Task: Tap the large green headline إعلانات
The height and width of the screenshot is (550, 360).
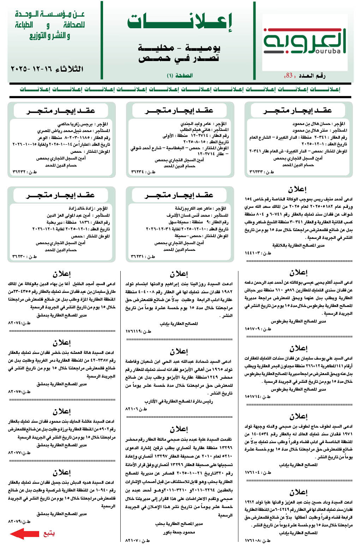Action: [180, 22]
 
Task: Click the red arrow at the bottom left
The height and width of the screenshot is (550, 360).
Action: [24, 534]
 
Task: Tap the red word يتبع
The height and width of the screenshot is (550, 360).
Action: [49, 534]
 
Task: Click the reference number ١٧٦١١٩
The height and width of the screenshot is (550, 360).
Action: [134, 331]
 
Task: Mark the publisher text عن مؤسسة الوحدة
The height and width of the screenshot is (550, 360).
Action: [50, 14]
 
